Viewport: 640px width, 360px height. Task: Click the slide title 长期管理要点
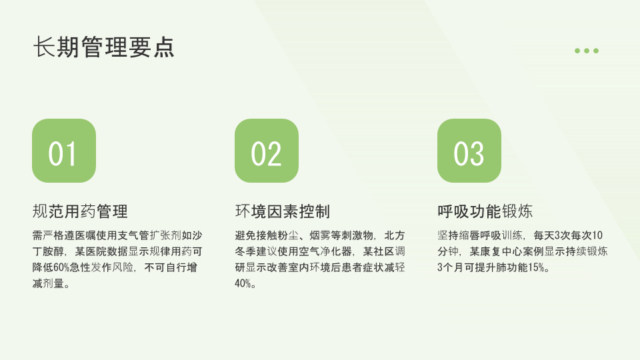104,47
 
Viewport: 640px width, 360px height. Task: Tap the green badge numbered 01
64,151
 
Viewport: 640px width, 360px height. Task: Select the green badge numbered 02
267,151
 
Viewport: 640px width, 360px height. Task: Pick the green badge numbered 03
469,151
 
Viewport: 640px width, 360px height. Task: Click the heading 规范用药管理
80,211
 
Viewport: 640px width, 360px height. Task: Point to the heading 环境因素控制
283,211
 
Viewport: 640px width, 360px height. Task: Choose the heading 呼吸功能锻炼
485,211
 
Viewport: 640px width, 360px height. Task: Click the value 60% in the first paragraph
61,267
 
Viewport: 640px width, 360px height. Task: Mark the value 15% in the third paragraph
536,267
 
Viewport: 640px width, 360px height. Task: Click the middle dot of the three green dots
587,51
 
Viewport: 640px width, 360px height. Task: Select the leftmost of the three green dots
577,51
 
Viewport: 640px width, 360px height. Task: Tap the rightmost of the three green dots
596,51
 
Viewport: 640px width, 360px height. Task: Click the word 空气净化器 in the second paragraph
325,251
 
